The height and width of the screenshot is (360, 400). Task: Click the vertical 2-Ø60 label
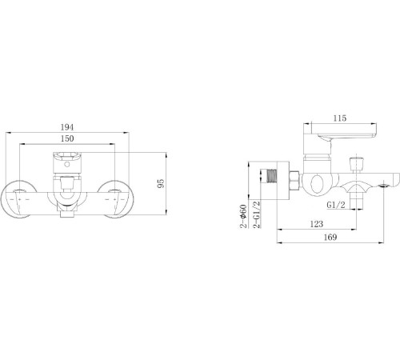click(242, 218)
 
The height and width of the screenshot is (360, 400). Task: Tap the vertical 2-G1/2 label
click(257, 218)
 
